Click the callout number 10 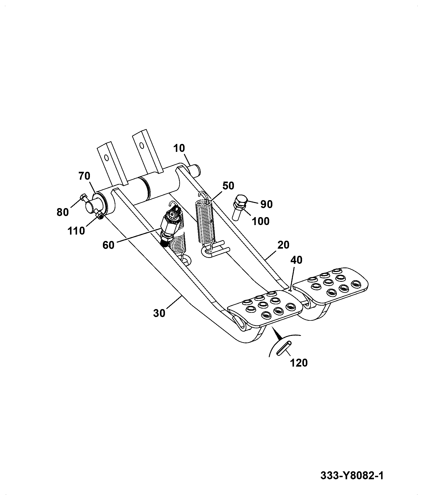(179, 148)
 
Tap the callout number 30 (159, 313)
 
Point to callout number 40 (296, 260)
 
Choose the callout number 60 (108, 245)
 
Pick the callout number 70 (84, 176)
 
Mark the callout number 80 (63, 212)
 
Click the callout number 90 (267, 204)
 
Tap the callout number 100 (261, 221)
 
